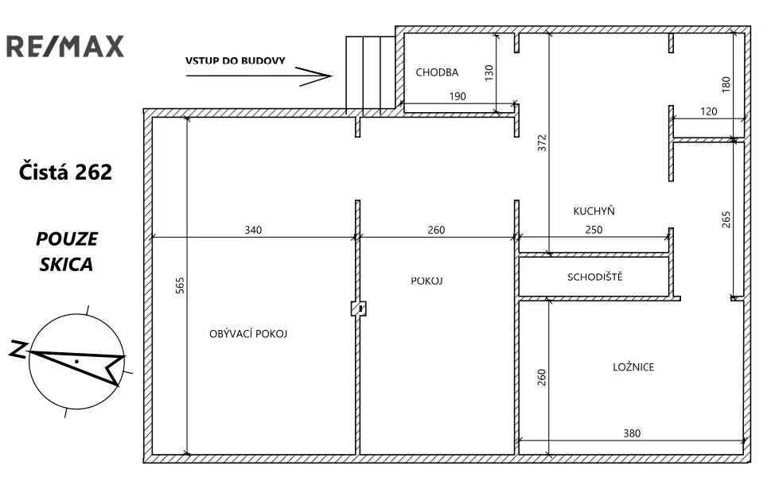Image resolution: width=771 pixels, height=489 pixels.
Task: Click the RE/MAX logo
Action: [65, 46]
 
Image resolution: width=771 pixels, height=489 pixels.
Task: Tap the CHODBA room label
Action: [437, 72]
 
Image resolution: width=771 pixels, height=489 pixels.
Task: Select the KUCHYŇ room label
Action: [594, 211]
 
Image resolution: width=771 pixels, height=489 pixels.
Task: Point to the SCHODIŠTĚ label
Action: [595, 277]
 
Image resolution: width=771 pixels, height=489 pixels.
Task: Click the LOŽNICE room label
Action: [633, 367]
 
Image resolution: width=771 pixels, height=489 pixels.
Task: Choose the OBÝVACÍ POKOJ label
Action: [248, 334]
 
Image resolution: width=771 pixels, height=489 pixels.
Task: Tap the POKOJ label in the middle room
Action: [426, 281]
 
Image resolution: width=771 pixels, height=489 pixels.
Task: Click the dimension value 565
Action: [180, 285]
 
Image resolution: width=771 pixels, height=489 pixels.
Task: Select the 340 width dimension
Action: [253, 230]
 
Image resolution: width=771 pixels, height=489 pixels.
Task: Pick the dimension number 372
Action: [542, 143]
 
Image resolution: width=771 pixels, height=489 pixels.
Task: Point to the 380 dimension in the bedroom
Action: [632, 433]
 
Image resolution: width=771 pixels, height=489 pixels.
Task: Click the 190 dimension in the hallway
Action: [458, 96]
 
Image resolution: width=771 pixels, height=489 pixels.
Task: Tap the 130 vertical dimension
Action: [489, 72]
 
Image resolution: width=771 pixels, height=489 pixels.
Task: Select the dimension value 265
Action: [726, 219]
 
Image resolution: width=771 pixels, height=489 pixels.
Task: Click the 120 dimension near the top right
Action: [709, 111]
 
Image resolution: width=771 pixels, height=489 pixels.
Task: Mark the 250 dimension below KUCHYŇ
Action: [594, 230]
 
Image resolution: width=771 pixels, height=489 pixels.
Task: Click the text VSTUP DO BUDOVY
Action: [235, 61]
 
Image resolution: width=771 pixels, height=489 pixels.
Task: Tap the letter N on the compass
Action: [18, 348]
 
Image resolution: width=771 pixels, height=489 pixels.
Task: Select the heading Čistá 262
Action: [65, 172]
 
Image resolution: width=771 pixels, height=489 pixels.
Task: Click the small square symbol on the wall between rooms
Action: [359, 309]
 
